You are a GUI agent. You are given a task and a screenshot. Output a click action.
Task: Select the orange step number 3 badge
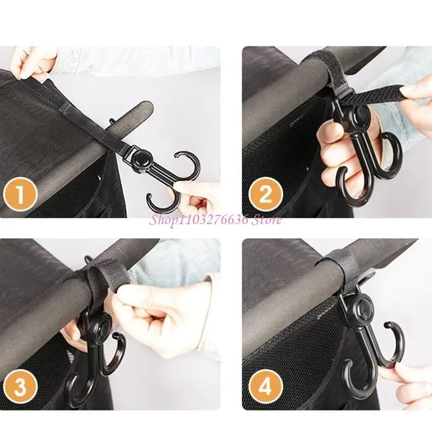point(20,388)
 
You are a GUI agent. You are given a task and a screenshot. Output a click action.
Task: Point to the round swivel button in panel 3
point(101,326)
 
